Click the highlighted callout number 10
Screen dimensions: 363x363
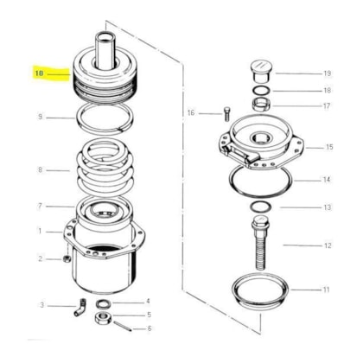point(39,73)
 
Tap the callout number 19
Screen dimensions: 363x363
point(327,73)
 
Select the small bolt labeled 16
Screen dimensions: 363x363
point(226,114)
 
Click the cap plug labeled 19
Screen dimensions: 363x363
point(262,71)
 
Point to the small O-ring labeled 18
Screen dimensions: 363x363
point(261,91)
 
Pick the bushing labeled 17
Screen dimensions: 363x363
point(261,104)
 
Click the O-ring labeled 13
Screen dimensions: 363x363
point(260,207)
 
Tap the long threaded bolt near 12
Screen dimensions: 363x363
point(260,243)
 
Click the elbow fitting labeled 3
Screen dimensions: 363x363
point(80,307)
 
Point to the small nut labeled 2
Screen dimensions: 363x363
point(67,258)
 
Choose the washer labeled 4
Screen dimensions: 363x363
point(104,303)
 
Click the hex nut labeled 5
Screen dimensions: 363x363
point(103,317)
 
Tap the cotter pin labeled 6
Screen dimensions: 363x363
point(123,326)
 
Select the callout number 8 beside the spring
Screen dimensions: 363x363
point(40,169)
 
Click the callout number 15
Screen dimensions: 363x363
point(329,147)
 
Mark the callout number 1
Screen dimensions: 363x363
point(40,231)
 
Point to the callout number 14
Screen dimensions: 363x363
point(326,180)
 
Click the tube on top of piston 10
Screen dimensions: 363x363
point(105,50)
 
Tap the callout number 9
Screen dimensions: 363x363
point(40,117)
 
